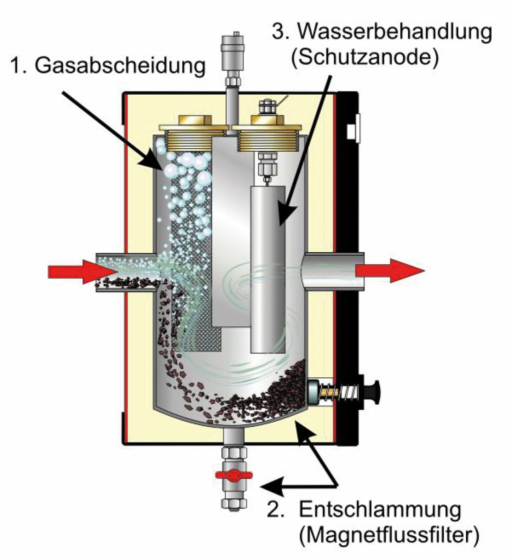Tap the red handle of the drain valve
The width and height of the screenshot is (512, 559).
[x=233, y=476]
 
